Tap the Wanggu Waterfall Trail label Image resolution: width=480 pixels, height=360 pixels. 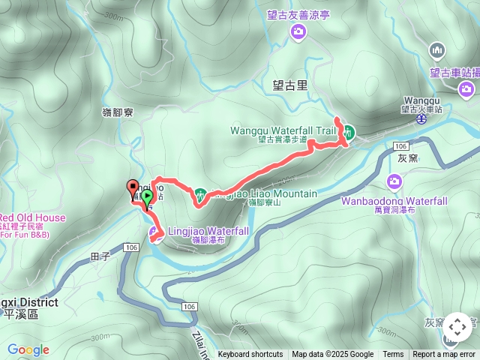click(282, 130)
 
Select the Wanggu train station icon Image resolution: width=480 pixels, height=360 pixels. click(422, 118)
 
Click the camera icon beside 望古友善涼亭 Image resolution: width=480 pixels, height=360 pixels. click(298, 31)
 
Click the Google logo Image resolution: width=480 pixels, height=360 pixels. click(28, 349)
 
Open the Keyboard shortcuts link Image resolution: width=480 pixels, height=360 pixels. click(250, 355)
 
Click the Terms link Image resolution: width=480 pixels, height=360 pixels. click(393, 355)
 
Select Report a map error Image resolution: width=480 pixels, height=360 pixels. click(444, 355)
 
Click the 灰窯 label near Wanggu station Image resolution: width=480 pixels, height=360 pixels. click(407, 159)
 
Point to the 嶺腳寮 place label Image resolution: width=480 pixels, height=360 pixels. click(118, 112)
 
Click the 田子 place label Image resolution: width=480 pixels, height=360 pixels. click(100, 256)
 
